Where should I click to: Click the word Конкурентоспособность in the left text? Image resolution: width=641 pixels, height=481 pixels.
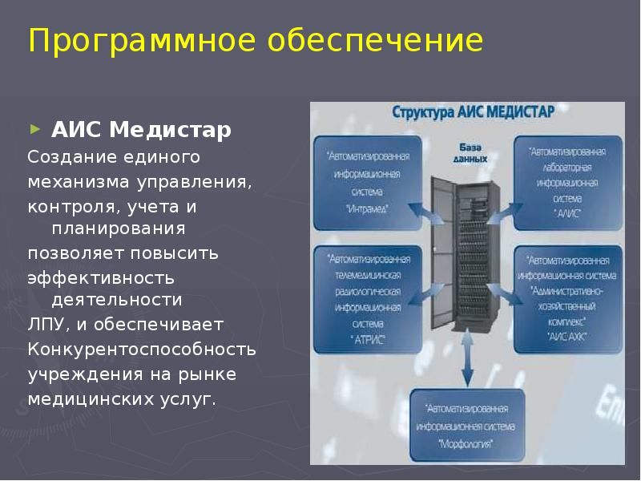pyautogui.click(x=142, y=350)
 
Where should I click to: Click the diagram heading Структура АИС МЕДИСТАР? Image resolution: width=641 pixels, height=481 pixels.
pyautogui.click(x=472, y=113)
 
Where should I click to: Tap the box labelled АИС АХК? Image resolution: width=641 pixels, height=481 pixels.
pyautogui.click(x=569, y=298)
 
